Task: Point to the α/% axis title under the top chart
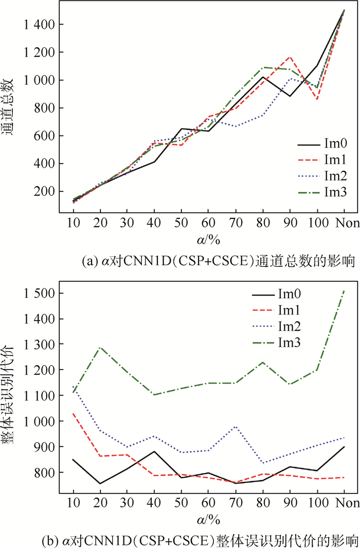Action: click(x=209, y=240)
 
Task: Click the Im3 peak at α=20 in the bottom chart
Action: click(x=100, y=348)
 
